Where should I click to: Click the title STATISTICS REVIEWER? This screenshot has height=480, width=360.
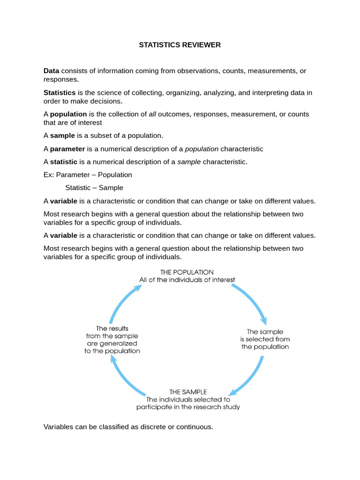click(180, 45)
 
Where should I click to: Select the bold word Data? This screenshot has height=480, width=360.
click(51, 71)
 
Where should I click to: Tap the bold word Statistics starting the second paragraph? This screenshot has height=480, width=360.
click(60, 92)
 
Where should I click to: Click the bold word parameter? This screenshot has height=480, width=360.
click(67, 149)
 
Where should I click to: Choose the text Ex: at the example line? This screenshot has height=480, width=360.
click(49, 174)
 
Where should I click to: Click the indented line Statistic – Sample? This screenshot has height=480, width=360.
click(94, 187)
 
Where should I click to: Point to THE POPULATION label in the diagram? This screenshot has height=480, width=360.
click(187, 272)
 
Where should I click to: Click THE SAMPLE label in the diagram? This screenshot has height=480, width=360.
click(188, 391)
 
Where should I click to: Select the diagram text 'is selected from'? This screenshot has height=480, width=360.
click(265, 339)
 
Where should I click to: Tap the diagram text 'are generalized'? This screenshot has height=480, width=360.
click(112, 343)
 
